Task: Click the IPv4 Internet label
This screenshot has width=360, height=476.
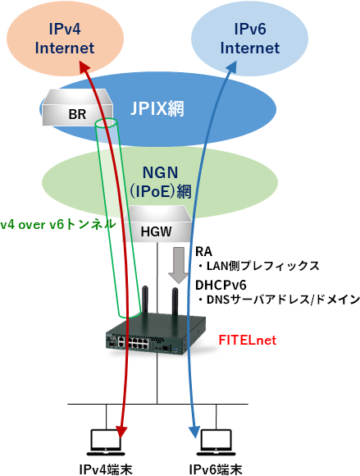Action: (x=65, y=39)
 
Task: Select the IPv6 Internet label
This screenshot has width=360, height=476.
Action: (x=250, y=39)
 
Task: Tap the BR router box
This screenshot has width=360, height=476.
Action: (x=77, y=108)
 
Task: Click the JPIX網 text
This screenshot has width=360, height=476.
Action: (x=157, y=108)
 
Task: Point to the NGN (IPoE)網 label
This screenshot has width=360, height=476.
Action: (x=161, y=182)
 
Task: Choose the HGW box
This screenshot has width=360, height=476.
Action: (x=157, y=224)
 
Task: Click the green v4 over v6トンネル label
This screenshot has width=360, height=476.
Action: (x=58, y=224)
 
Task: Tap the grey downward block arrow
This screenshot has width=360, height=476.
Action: (x=179, y=265)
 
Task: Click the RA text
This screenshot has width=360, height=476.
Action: (x=203, y=252)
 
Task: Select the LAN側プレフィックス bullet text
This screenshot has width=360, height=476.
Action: (x=258, y=266)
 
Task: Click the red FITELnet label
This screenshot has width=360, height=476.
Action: (x=248, y=340)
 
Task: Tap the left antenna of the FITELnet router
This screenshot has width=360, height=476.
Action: (x=145, y=301)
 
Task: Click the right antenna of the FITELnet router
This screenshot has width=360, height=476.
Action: (x=175, y=303)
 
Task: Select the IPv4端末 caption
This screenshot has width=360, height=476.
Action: (x=106, y=469)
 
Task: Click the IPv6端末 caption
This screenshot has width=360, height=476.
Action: (x=216, y=469)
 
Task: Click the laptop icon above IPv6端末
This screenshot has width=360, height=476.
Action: (x=216, y=442)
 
